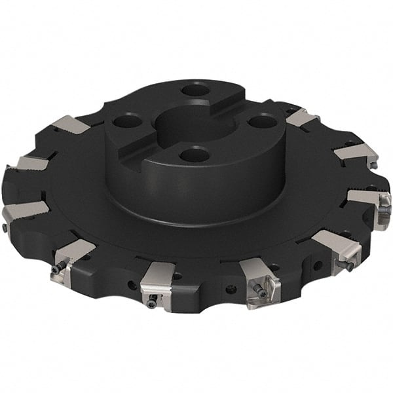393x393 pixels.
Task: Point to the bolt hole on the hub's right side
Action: coord(261,121)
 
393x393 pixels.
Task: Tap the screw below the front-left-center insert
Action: coord(152,303)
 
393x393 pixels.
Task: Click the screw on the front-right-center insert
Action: coord(263,293)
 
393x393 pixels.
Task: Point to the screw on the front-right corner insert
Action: coord(348,266)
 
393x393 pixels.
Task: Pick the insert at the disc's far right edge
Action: coord(371,200)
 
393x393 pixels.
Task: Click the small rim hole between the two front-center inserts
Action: coord(230,289)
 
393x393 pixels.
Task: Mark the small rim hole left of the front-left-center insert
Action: coord(132,286)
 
